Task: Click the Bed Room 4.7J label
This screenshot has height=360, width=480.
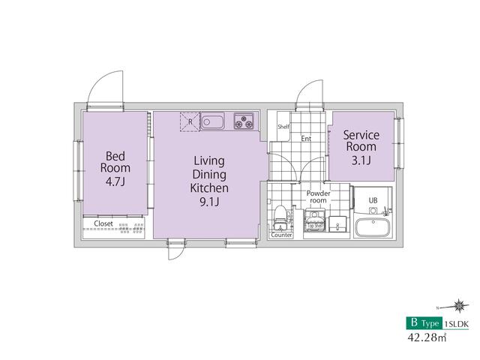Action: (115, 169)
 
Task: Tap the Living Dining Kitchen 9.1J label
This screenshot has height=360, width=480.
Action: (209, 181)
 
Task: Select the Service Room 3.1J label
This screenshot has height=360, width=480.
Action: (361, 147)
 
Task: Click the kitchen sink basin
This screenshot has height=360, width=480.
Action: (212, 121)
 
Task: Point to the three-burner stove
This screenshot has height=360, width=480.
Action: (244, 121)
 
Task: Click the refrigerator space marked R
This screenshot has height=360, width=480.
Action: (190, 121)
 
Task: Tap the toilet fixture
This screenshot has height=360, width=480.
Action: (280, 218)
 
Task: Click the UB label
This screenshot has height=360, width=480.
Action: (373, 201)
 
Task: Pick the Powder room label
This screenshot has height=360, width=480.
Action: (318, 196)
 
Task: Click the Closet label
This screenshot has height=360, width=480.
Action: (103, 223)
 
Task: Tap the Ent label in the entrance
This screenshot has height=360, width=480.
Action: (306, 139)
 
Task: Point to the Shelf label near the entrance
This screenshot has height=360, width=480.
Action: (283, 127)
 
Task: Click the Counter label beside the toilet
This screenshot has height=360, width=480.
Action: (281, 235)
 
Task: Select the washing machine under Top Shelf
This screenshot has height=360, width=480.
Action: (315, 220)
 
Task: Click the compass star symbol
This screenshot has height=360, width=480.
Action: (459, 305)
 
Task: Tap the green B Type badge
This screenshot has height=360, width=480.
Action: (424, 323)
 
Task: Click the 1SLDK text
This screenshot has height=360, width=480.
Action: (456, 323)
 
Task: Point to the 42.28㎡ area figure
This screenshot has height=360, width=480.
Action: (427, 337)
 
